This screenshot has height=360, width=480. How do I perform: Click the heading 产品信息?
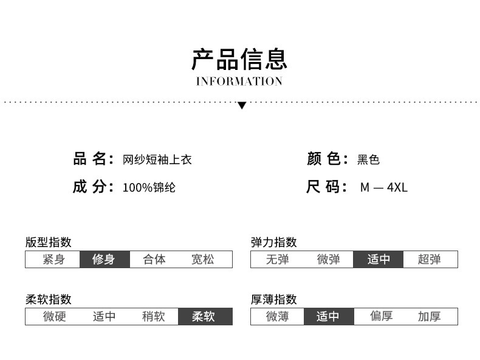[x=239, y=60]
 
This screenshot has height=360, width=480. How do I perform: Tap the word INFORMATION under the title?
[x=239, y=81]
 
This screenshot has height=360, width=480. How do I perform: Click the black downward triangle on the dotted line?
[x=242, y=105]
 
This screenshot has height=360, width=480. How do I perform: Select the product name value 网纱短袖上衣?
[x=157, y=160]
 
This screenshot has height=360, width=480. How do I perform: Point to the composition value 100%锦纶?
[x=149, y=187]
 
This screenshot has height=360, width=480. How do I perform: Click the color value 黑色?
[x=368, y=160]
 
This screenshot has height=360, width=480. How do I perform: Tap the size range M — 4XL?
[x=383, y=187]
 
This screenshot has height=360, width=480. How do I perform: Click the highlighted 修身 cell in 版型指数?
[x=104, y=260]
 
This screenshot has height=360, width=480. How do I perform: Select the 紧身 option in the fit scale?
[x=53, y=260]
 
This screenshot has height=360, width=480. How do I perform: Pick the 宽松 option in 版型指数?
[x=203, y=260]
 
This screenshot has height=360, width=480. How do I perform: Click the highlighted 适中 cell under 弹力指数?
[x=379, y=260]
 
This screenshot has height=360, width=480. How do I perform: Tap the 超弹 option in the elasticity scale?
[x=429, y=260]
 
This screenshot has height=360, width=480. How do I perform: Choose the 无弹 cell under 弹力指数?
[x=277, y=260]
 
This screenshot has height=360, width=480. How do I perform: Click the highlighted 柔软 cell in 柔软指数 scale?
[x=204, y=317]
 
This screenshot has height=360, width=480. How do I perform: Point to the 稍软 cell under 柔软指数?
[x=154, y=317]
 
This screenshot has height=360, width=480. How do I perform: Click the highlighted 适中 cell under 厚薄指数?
[x=328, y=317]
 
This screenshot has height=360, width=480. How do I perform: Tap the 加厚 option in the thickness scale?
[x=429, y=317]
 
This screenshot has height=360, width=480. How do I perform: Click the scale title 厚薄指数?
[x=273, y=299]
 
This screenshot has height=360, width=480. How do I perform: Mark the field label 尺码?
[x=326, y=187]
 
